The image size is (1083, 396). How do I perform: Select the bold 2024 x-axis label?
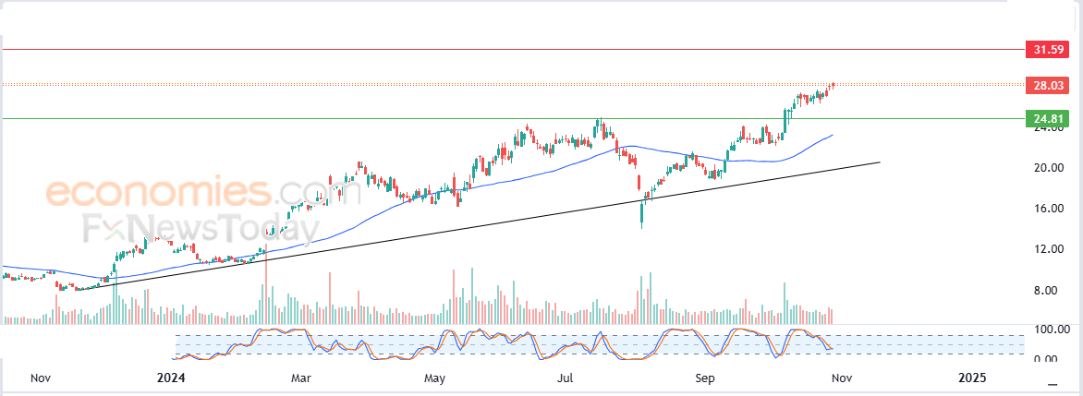[x=172, y=378]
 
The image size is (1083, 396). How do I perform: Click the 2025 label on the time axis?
[x=972, y=378]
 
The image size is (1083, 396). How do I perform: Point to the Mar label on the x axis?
[x=301, y=378]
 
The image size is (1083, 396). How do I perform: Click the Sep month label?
[x=705, y=378]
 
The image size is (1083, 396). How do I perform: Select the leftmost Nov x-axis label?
[x=40, y=378]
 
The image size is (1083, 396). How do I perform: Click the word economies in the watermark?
[x=157, y=193]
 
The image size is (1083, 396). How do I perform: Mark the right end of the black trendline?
[x=879, y=162]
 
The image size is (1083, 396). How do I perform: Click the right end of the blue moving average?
[x=833, y=135]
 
